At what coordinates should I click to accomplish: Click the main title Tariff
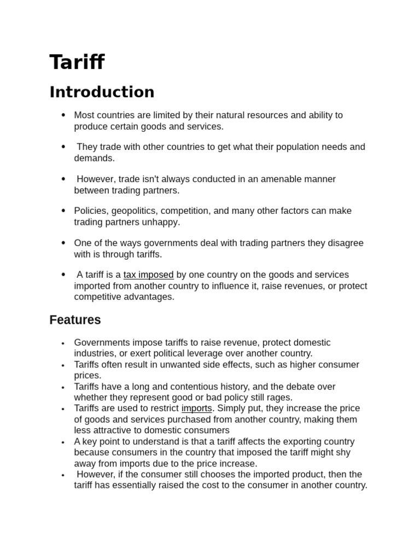[77, 62]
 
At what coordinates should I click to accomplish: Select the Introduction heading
[102, 92]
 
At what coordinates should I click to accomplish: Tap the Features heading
[75, 320]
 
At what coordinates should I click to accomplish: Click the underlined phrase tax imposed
[148, 275]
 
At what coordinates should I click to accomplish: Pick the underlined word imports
[196, 409]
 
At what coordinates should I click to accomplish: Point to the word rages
[279, 398]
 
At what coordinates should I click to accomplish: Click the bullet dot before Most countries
[63, 115]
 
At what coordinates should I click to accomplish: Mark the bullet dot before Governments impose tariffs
[63, 343]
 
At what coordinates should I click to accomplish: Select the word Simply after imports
[230, 409]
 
